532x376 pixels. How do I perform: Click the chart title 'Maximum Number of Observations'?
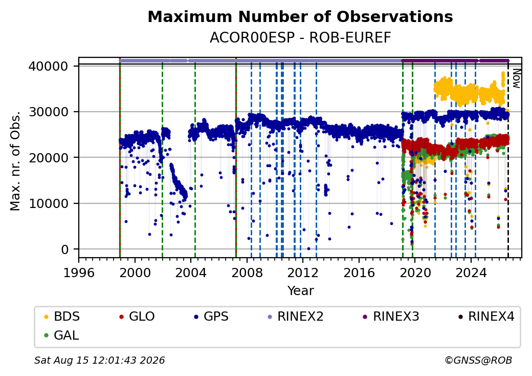(300, 16)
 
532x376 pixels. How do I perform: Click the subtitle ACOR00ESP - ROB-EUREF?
(300, 38)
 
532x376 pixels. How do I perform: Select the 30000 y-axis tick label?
(49, 112)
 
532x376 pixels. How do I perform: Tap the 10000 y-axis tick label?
(49, 204)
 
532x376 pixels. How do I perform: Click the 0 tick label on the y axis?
(65, 249)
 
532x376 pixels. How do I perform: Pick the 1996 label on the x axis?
(79, 273)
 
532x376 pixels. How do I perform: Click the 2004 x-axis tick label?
(191, 273)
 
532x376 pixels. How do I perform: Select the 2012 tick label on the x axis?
(303, 273)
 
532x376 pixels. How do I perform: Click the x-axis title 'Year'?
(301, 291)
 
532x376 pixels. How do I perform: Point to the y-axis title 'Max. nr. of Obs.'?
(15, 161)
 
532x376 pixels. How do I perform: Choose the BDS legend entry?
(62, 317)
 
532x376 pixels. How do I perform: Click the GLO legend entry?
(137, 317)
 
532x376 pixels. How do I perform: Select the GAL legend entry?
(62, 335)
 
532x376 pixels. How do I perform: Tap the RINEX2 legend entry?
(296, 317)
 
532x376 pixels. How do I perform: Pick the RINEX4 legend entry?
(486, 317)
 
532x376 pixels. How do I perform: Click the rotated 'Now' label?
(516, 78)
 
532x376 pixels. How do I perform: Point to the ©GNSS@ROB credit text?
(478, 360)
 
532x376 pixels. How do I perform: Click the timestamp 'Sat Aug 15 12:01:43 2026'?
(99, 360)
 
